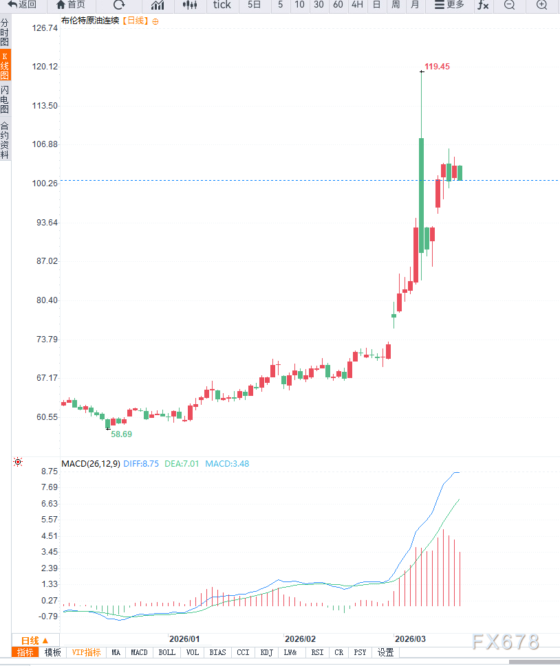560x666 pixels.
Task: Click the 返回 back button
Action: [x=22, y=5]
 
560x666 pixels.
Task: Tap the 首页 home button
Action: [x=71, y=5]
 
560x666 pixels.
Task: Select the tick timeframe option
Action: [x=222, y=5]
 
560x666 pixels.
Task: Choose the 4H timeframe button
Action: [x=357, y=5]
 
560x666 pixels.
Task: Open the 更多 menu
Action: [x=449, y=5]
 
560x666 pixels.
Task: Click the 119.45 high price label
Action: [x=437, y=67]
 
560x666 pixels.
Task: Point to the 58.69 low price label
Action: [x=121, y=434]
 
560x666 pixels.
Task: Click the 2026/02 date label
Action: [x=300, y=639]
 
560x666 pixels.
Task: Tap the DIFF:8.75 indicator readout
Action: [x=141, y=464]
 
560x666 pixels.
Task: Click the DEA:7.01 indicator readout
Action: [x=182, y=464]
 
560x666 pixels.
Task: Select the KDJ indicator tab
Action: [x=266, y=652]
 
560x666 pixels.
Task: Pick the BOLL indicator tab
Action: [x=166, y=652]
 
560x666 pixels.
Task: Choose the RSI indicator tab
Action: [x=317, y=652]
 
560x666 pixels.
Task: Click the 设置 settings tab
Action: [x=385, y=652]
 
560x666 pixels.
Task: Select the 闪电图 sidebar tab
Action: [x=5, y=100]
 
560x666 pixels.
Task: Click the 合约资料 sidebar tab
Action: [x=5, y=140]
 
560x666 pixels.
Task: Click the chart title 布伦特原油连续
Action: [x=90, y=21]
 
